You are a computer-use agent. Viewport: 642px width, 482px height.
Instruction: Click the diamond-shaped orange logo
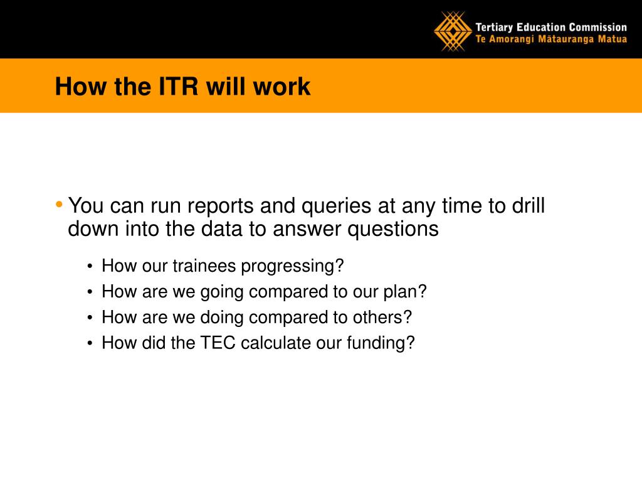(x=453, y=31)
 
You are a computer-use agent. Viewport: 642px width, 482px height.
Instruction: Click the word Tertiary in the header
(x=494, y=28)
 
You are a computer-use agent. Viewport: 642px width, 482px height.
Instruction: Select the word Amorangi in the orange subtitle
(x=512, y=40)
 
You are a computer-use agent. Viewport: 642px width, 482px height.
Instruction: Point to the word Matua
(x=612, y=39)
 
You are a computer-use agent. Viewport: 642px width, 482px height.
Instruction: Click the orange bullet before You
(x=59, y=204)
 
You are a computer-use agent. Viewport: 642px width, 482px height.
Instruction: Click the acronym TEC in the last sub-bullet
(x=218, y=343)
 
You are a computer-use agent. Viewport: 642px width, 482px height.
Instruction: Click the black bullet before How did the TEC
(x=90, y=343)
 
